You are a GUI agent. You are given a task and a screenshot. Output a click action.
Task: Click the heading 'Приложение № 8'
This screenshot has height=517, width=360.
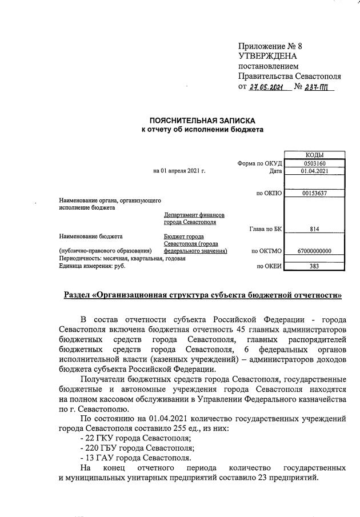270,46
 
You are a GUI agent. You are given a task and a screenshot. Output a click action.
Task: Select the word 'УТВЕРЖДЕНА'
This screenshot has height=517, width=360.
268,56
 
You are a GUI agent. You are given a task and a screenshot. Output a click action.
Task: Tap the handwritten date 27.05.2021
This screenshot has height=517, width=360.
266,87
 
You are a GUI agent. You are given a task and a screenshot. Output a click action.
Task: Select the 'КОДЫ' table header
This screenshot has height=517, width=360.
315,155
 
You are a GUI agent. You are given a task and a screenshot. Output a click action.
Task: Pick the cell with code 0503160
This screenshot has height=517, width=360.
315,163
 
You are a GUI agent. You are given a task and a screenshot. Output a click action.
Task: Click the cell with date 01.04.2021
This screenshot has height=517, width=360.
315,171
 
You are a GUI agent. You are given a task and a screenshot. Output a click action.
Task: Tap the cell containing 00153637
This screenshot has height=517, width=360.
315,193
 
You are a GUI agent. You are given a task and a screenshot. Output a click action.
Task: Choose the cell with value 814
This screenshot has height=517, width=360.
315,229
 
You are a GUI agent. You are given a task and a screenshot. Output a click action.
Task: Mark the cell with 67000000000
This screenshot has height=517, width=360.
315,251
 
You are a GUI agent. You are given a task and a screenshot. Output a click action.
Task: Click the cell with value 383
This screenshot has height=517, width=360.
315,266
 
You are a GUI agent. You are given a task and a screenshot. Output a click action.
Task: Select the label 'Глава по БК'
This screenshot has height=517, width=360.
266,229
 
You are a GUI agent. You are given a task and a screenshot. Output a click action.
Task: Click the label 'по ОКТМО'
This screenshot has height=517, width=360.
267,251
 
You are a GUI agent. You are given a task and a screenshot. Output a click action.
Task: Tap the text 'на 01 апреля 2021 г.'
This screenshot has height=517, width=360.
179,171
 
